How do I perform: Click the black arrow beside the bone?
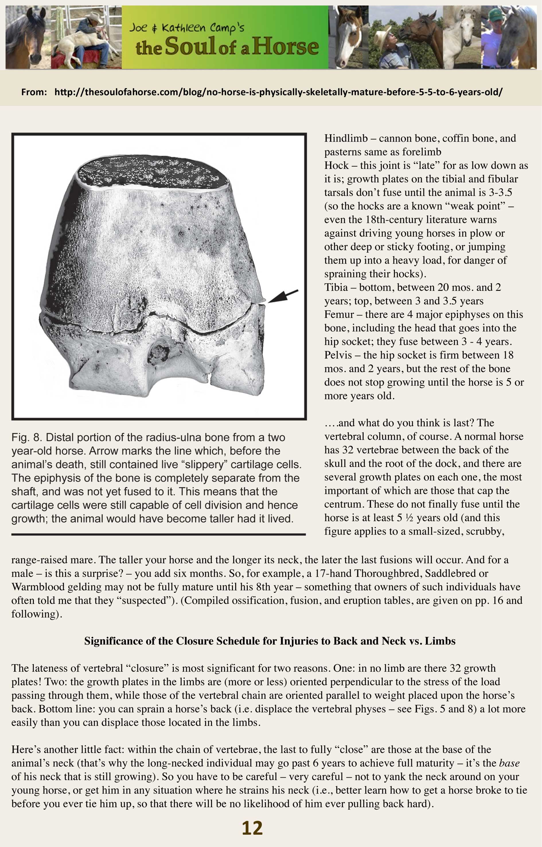(x=283, y=296)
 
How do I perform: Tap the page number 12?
(x=252, y=828)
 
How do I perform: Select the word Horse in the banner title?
(x=285, y=47)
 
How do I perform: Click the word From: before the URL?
(x=34, y=92)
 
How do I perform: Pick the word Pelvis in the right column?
(x=338, y=355)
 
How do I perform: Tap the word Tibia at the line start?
(x=336, y=287)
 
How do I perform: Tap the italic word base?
(x=509, y=763)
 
